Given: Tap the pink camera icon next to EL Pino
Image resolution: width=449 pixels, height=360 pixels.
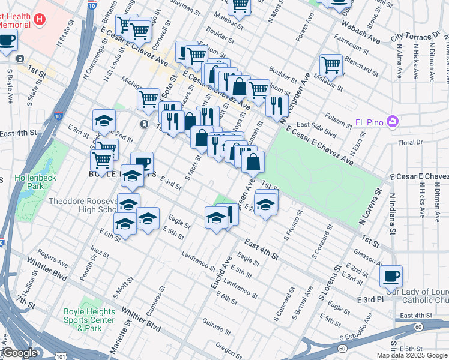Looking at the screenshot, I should tap(393, 121).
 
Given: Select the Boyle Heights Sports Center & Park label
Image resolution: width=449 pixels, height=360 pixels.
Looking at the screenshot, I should tap(90, 320).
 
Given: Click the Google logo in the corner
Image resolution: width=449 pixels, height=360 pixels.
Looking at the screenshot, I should tap(20, 353).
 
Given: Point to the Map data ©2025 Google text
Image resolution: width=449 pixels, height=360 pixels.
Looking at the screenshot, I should tap(412, 355).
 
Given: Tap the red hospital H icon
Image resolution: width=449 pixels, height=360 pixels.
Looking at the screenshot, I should tap(40, 19).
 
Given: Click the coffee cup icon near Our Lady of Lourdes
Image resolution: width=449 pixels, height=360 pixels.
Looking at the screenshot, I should tap(391, 276).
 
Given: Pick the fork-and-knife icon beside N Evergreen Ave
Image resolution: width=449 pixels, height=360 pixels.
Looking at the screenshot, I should tap(276, 105).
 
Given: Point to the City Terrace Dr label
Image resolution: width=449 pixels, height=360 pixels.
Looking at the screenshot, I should tap(415, 37).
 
